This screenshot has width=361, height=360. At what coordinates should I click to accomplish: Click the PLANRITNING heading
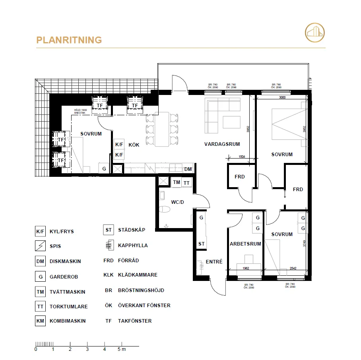coord(69,40)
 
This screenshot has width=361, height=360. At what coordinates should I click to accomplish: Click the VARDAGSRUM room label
coord(222,144)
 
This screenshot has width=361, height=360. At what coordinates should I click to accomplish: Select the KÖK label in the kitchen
coord(134,145)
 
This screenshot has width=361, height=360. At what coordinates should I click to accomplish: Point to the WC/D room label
coord(177,202)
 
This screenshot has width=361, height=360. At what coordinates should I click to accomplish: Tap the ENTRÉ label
coord(214,262)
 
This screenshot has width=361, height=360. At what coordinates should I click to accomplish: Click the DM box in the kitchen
coord(188,169)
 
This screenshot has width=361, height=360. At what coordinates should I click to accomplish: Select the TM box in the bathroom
coord(177,182)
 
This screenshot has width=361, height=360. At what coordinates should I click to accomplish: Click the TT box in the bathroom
coord(186,182)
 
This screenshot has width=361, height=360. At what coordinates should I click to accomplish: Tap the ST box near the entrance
coord(202,244)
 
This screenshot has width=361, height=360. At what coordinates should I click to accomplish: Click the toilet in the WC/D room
coord(164,209)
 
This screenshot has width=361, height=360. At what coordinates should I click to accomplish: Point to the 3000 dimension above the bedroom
coord(282,97)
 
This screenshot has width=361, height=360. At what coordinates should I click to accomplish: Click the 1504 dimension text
coord(241,157)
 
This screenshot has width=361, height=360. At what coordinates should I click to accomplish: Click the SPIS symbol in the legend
coord(40,246)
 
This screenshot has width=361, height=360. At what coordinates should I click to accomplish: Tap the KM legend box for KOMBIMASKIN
coord(40,321)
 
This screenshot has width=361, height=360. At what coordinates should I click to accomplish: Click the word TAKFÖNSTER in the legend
coord(135,321)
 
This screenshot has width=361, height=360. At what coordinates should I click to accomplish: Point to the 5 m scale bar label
coord(121,350)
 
